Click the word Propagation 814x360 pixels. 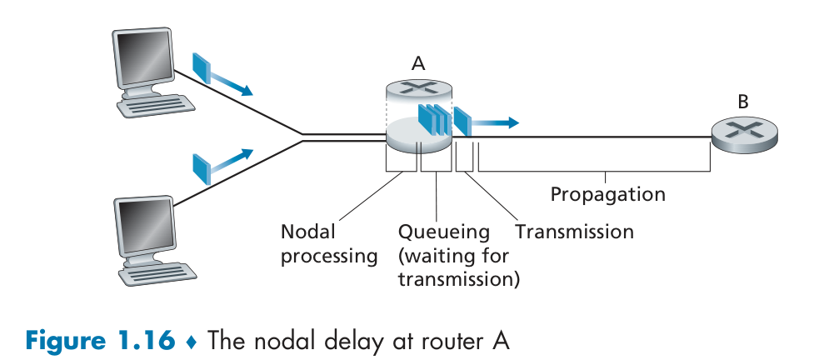607,195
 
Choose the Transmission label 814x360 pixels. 574,231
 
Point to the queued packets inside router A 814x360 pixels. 432,118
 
